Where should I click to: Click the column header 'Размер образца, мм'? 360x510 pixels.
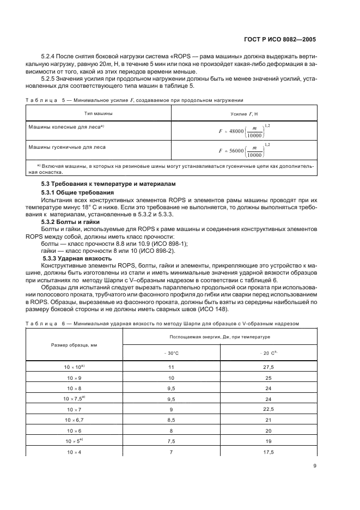[74, 345]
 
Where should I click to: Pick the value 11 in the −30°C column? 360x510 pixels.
[172, 368]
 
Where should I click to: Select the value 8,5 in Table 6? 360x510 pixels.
[172, 420]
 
